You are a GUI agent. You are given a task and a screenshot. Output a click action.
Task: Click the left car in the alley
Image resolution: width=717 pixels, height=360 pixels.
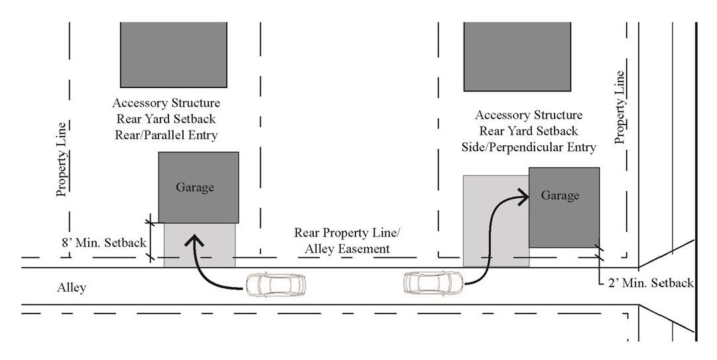[x=276, y=285]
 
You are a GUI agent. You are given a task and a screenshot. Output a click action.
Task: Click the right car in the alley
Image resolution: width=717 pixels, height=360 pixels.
[x=434, y=283]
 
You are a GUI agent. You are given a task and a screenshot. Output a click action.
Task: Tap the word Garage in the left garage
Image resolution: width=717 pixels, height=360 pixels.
[x=195, y=188]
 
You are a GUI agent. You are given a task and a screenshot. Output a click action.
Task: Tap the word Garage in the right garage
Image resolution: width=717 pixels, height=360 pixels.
[x=560, y=196]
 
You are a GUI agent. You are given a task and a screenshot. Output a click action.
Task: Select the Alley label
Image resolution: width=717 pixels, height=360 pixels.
[x=71, y=288]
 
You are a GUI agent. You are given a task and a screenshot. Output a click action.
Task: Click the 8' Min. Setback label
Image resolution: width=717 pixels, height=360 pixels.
[x=102, y=243]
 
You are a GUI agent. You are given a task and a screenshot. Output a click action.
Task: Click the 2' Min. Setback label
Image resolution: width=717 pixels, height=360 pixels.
[x=650, y=283]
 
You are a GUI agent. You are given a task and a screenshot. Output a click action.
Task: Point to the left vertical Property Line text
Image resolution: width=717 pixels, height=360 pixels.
[x=62, y=159]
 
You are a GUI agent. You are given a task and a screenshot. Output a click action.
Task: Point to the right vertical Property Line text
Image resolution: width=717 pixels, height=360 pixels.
[x=620, y=107]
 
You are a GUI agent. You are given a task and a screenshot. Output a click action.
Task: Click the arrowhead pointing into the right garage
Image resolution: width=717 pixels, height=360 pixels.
[x=523, y=195]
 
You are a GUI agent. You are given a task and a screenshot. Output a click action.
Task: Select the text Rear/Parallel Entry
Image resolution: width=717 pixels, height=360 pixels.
[x=166, y=135]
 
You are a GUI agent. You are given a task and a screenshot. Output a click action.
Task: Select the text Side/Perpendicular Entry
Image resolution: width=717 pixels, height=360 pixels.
[x=528, y=147]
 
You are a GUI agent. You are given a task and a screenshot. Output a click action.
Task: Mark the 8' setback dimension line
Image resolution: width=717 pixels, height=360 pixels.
[x=151, y=237]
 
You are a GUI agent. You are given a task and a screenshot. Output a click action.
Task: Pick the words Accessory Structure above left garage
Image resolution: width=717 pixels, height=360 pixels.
[x=166, y=104]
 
